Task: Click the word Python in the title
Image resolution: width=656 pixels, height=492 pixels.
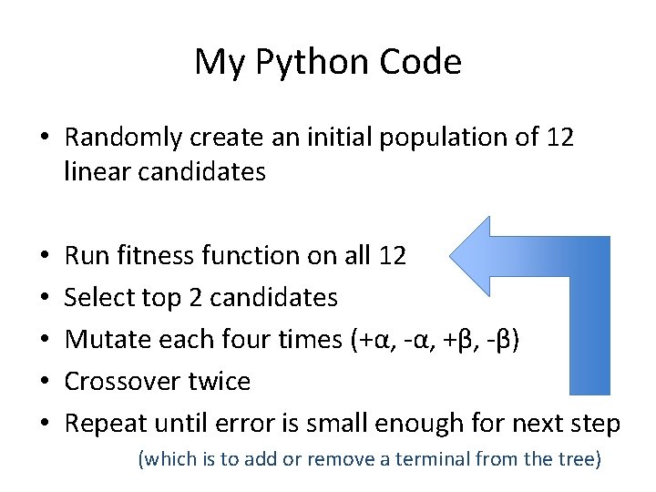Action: coord(298,62)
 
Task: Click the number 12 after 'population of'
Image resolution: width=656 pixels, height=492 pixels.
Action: coord(559,138)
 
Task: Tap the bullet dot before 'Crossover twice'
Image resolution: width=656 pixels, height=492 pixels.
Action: coord(45,381)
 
